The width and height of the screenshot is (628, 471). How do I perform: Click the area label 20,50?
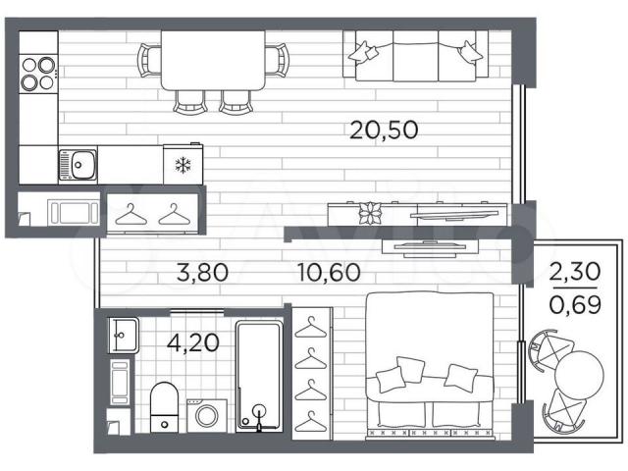[384, 131]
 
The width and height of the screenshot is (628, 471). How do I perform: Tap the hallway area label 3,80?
[203, 273]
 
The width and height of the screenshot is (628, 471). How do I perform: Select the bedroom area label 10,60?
[330, 273]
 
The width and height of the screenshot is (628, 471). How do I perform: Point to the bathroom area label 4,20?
[193, 342]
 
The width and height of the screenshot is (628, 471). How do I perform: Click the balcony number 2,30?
[575, 272]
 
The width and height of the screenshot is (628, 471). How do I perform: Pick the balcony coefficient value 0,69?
[575, 305]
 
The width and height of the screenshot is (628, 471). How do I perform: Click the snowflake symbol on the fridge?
[183, 166]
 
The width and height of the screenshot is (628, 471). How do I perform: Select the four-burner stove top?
[38, 74]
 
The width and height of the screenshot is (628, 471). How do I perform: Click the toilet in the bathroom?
[164, 407]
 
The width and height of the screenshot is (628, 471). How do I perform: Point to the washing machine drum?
[207, 416]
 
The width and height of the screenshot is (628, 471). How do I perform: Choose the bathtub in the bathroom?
[259, 377]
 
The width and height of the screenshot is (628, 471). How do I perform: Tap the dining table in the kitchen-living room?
[213, 60]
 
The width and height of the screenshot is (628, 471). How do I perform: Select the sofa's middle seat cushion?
[416, 57]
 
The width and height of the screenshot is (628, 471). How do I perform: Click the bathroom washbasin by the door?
[124, 336]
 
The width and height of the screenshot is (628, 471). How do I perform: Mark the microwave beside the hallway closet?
[75, 212]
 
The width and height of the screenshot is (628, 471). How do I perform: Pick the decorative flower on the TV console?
[369, 213]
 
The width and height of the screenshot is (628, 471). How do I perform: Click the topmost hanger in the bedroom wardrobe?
[311, 328]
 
